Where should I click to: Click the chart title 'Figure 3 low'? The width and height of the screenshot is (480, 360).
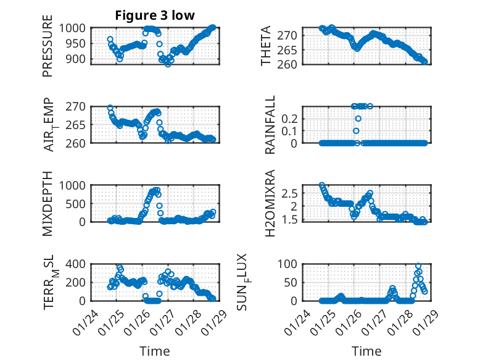click(155, 15)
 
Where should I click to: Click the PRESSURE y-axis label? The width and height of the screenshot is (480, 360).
click(48, 50)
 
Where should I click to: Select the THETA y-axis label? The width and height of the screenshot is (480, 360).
click(266, 46)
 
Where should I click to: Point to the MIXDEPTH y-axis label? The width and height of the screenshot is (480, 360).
click(48, 203)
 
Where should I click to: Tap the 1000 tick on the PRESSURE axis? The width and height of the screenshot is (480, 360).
click(77, 28)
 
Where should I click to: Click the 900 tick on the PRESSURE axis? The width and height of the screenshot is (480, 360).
click(80, 59)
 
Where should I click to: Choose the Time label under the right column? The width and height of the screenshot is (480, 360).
click(366, 351)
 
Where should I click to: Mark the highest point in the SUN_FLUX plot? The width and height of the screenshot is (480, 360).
click(418, 266)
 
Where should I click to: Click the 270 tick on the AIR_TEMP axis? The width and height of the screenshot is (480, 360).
click(80, 106)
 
